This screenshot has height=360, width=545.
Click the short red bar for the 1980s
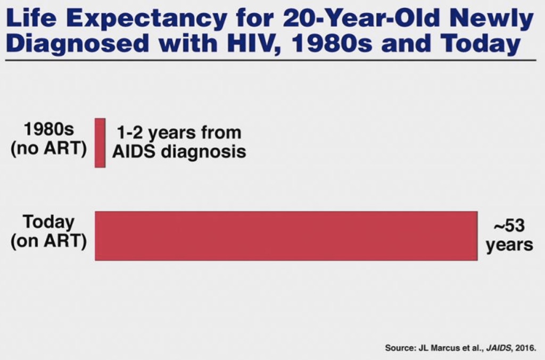[100, 143]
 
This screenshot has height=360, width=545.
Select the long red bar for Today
[286, 236]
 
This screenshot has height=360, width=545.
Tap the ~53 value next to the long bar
[509, 226]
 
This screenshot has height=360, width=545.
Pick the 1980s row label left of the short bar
[48, 130]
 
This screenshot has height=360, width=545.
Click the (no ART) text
[48, 148]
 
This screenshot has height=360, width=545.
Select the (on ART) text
[48, 240]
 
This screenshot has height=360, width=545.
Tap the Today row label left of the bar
[48, 222]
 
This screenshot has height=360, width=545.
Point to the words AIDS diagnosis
[179, 152]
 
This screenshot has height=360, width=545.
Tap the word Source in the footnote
[399, 348]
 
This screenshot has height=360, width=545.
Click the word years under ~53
[509, 245]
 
